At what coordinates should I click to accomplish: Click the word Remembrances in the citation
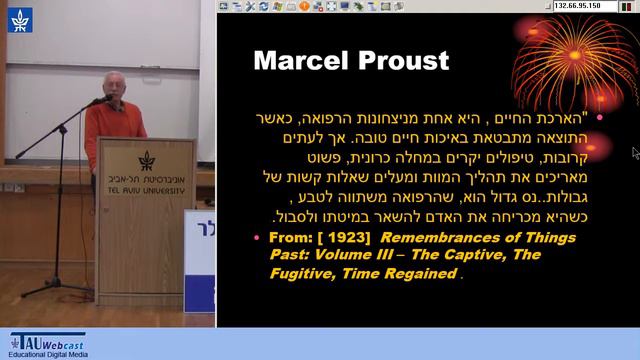tap(428, 238)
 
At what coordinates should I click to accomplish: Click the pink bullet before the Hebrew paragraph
tap(599, 117)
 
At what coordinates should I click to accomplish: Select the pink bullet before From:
tap(257, 238)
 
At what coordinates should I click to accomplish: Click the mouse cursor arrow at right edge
tap(635, 152)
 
